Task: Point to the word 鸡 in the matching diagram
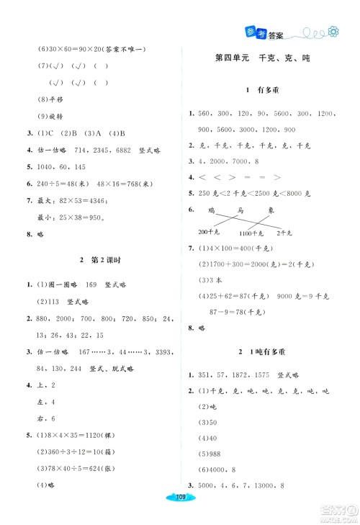211,209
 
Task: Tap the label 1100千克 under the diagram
251,234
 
